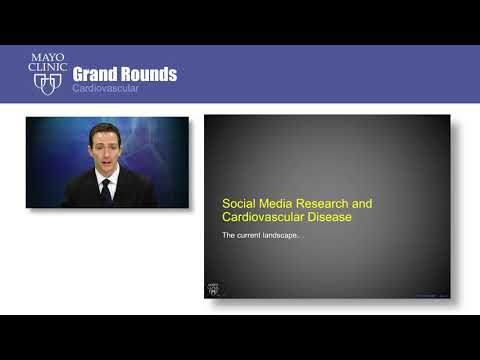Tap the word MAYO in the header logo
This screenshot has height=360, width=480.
[47, 59]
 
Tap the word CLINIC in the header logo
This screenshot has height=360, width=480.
[47, 70]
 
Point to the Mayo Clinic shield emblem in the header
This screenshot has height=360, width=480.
[47, 85]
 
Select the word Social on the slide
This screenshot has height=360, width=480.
[237, 201]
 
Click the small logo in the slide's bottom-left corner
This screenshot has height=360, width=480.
[212, 289]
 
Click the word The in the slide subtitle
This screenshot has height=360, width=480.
[228, 236]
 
